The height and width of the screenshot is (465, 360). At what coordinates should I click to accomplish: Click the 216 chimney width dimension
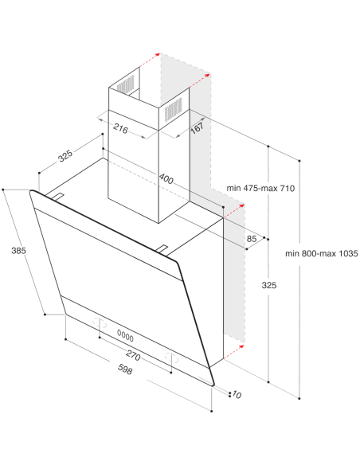[121, 129]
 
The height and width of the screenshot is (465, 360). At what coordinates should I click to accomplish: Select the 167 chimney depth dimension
[197, 127]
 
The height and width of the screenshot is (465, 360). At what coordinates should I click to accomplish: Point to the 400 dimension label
[166, 179]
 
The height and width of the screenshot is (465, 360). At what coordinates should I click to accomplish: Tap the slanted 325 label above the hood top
[65, 156]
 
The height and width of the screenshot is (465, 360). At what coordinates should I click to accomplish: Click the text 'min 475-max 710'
[260, 188]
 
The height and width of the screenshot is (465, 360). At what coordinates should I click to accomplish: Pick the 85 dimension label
[252, 238]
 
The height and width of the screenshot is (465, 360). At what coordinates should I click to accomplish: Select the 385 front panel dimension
[18, 251]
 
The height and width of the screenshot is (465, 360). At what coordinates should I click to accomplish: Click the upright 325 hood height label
[269, 285]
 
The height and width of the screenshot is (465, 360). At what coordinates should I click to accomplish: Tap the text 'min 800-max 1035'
[322, 253]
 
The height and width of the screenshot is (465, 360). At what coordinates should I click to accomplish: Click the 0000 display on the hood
[125, 336]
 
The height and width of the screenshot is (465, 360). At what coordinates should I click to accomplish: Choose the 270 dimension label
[133, 355]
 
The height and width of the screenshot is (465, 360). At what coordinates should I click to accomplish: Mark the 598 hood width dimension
[125, 369]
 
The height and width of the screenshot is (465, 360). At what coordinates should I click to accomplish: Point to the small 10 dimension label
[237, 394]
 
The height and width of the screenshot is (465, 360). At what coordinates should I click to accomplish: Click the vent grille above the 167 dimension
[173, 109]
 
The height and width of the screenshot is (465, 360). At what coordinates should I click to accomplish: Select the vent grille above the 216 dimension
[125, 84]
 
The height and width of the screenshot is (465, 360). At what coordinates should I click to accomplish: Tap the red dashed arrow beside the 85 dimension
[234, 211]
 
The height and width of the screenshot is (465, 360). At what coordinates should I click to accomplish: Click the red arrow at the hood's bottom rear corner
[234, 352]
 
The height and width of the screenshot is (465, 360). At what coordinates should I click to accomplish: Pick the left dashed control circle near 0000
[100, 323]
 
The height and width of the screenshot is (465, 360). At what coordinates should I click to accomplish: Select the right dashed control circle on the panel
[171, 358]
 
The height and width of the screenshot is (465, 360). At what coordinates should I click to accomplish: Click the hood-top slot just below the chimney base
[162, 249]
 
